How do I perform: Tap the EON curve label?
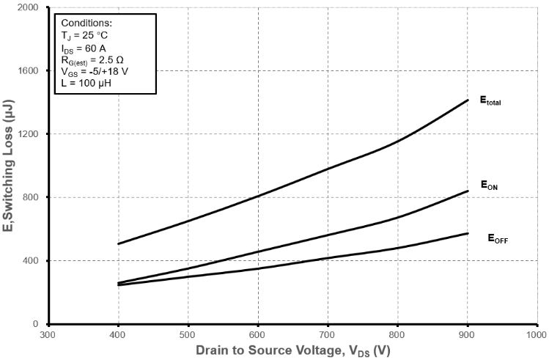coord(490,185)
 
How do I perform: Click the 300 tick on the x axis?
coord(48,334)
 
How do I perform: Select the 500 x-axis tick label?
coord(188,334)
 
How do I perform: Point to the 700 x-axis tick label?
coord(328,334)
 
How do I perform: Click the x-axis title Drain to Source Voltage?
coord(292,351)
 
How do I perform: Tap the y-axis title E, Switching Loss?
coord(10,166)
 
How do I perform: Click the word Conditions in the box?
coord(86,23)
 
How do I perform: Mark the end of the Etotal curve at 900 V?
coord(467,100)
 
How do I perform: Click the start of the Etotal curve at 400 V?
coord(119,243)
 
